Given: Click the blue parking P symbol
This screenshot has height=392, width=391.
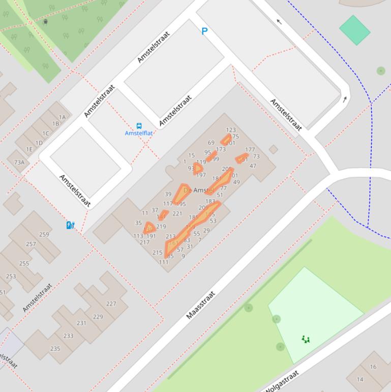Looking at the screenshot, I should click(204, 31).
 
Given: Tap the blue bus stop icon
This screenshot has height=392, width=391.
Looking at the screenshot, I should click(139, 126).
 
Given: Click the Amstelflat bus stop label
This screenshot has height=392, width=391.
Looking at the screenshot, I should click(139, 133).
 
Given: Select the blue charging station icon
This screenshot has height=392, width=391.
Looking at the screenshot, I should click(71, 225).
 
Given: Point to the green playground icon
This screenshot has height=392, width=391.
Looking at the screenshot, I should click(306, 339).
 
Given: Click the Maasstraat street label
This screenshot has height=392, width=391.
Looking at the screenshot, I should click(200, 305).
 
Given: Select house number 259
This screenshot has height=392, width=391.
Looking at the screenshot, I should click(44, 235).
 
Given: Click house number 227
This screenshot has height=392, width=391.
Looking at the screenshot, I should click(111, 304).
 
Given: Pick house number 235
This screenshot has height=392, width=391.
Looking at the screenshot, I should click(55, 349).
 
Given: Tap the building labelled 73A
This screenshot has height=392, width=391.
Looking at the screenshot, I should click(19, 162).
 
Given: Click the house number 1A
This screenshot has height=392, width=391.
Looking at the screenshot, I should click(62, 118).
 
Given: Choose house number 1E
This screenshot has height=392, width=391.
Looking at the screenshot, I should click(29, 149).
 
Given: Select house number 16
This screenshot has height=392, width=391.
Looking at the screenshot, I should click(373, 367).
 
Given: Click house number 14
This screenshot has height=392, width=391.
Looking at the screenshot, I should click(360, 379).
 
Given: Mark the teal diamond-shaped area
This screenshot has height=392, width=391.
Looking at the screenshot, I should click(354, 30).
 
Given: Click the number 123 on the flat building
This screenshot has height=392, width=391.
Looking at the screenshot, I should click(231, 130).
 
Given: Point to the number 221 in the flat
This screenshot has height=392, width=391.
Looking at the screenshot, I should click(177, 214).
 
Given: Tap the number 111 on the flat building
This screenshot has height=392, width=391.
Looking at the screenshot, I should click(163, 263).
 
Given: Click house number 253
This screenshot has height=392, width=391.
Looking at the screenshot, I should click(11, 276).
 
